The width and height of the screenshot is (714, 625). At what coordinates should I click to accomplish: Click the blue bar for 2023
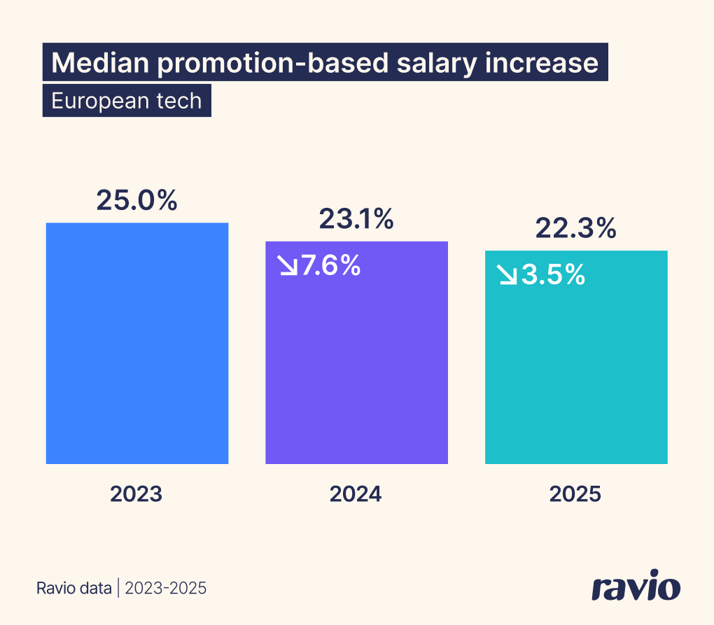[137, 343]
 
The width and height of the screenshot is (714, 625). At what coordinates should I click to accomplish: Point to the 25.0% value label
[137, 200]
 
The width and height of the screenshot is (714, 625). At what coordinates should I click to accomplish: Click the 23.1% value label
[356, 220]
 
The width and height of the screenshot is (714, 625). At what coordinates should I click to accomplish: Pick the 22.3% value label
[576, 228]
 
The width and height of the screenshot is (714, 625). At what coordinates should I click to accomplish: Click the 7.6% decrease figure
[330, 266]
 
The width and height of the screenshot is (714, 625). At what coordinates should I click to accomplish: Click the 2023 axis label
[136, 494]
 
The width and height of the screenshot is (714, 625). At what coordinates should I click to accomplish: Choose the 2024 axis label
[356, 494]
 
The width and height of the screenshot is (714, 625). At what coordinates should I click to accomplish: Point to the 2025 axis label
[575, 494]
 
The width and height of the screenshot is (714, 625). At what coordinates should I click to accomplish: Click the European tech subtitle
[127, 101]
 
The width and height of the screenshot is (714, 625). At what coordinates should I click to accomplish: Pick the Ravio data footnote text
[74, 588]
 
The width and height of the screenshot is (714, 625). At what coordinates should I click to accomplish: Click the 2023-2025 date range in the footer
[165, 588]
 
